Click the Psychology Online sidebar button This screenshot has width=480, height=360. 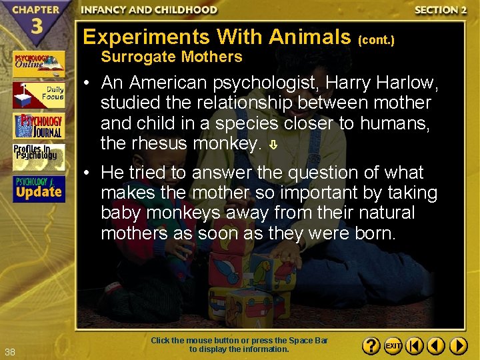pos(38,64)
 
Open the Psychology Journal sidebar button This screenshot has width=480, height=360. pos(38,126)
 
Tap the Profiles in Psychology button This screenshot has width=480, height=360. pos(38,157)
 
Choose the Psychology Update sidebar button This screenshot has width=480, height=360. pos(38,189)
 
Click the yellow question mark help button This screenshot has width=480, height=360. pos(371,346)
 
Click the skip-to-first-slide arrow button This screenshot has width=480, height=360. pos(414,346)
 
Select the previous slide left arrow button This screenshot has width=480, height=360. pos(436,346)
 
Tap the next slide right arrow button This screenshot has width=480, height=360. pos(458,346)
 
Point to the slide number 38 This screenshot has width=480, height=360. pos(10,351)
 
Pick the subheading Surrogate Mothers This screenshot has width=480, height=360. pos(171,57)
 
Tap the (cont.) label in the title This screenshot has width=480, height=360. pos(377,40)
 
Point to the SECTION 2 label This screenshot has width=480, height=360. pos(440,10)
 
